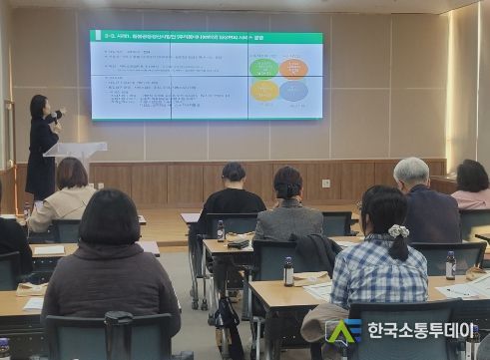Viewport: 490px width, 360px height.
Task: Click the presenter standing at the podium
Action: (x=42, y=145)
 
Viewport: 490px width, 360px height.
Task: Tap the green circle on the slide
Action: (x=264, y=68)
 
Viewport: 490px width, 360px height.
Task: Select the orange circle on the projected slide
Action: (x=293, y=68)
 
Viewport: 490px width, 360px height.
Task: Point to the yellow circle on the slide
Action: (x=264, y=91)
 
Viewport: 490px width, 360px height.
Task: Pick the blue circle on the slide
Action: (x=293, y=91)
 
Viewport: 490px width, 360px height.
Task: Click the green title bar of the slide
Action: (x=206, y=37)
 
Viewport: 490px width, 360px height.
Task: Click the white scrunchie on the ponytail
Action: (x=399, y=231)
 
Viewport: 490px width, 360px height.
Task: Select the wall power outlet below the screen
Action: (x=325, y=183)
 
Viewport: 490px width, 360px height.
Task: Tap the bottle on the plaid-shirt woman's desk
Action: (x=450, y=264)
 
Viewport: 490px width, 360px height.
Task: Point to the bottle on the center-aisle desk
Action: (x=288, y=271)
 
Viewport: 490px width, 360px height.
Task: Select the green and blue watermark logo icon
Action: (x=343, y=330)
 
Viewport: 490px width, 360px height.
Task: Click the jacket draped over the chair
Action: (x=317, y=253)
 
